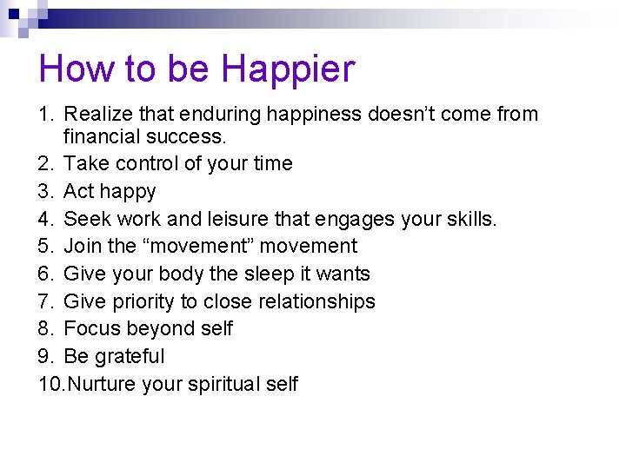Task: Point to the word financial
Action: pos(103,136)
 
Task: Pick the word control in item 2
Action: pos(150,163)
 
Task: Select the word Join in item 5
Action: pos(83,247)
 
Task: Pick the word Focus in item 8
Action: pos(92,329)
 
